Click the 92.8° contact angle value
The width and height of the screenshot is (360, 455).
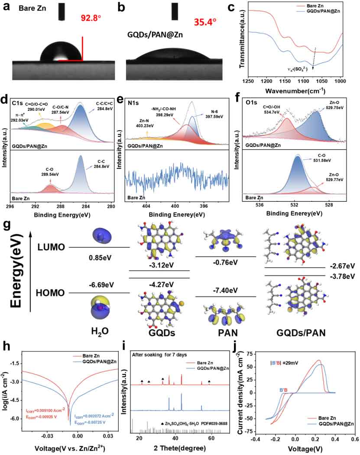click(93, 19)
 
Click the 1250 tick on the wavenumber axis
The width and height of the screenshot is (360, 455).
click(247, 81)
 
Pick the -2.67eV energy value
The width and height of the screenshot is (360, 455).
click(343, 265)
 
